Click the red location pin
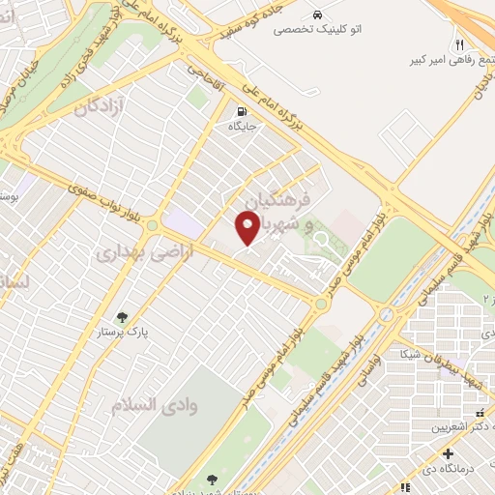click(x=247, y=226)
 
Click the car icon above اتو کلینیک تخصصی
click(x=317, y=15)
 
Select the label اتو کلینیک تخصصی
click(x=317, y=30)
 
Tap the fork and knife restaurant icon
click(x=460, y=44)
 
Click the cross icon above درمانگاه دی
click(x=447, y=453)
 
